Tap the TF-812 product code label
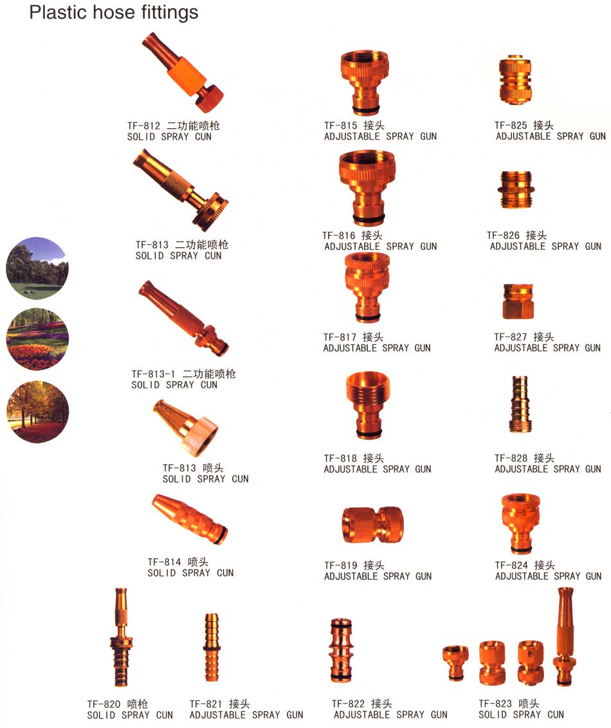(144, 126)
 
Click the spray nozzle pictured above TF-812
(183, 72)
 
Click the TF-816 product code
(339, 236)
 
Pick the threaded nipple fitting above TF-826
(516, 190)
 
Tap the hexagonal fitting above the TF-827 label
(518, 301)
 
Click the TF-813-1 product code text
(154, 374)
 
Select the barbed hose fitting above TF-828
(520, 404)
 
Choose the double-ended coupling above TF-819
(372, 525)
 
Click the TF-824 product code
(511, 566)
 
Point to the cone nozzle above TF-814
(190, 519)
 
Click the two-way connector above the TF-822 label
(341, 651)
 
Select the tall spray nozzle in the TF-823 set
(565, 636)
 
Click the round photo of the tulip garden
(37, 339)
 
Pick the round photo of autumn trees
(37, 412)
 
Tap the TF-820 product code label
(104, 704)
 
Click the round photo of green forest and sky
(37, 268)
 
